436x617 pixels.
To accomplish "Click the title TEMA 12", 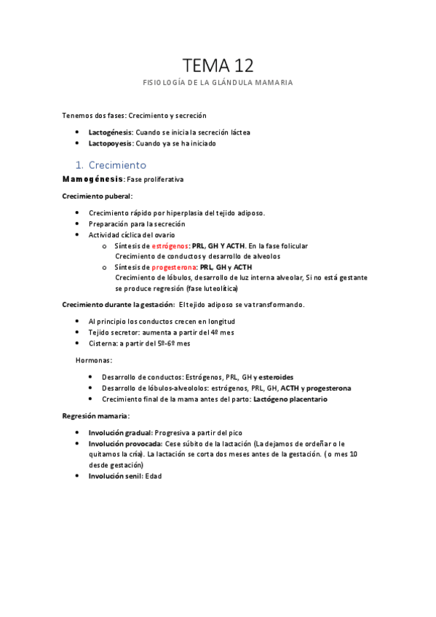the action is coord(218,65).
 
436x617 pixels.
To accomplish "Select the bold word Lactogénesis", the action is coord(110,132).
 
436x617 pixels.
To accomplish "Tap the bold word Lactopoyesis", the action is coord(110,143).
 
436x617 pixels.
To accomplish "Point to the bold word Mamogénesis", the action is coord(92,179).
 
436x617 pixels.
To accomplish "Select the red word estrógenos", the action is coord(170,246).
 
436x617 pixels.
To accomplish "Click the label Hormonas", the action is coord(94,360).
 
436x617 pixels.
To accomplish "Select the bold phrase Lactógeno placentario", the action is coord(290,399).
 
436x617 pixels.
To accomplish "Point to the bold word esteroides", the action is coord(276,378).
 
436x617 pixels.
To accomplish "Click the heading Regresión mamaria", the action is coord(95,415).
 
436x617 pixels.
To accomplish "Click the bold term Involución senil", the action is coord(115,476).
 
